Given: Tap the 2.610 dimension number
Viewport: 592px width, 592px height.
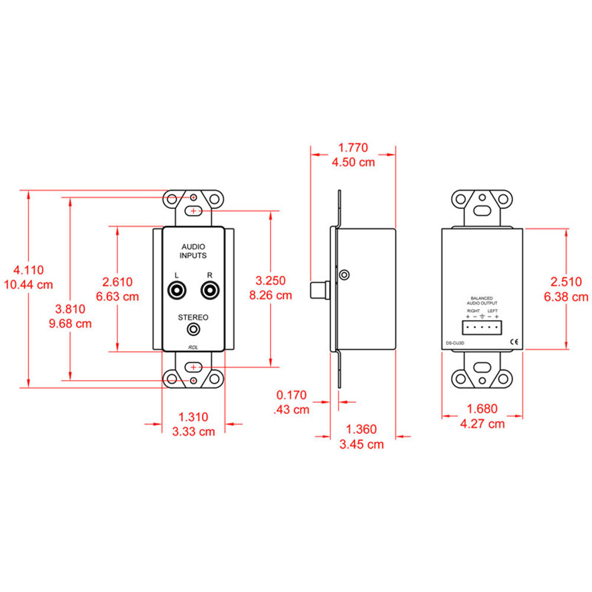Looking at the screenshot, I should (x=117, y=282).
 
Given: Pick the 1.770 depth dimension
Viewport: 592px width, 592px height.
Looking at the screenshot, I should (x=353, y=147).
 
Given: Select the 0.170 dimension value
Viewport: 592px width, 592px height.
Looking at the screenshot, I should (x=292, y=394).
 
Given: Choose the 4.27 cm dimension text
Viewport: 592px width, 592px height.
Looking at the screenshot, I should (x=482, y=423).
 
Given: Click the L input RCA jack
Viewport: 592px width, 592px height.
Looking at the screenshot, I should (x=176, y=291).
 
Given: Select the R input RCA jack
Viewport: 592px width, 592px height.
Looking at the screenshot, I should (x=210, y=291).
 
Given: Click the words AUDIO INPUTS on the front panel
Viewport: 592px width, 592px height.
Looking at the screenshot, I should (x=193, y=250).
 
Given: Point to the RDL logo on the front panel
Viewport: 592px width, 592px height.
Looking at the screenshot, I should (x=193, y=346).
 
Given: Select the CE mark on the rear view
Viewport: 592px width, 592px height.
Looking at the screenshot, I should (x=514, y=342).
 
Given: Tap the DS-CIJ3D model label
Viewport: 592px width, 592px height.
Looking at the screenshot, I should (x=455, y=342).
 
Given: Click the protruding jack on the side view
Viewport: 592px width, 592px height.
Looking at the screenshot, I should (x=320, y=291).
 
